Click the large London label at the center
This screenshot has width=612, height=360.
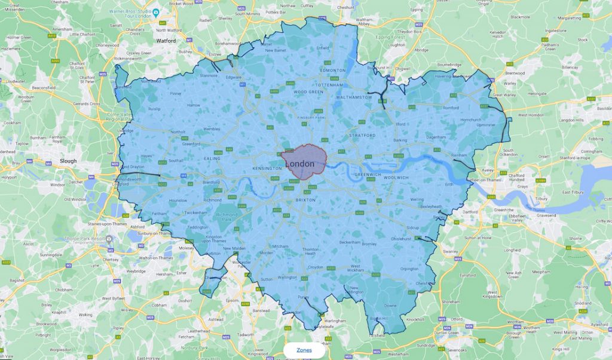(300, 164)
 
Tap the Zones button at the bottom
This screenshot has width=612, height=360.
(304, 350)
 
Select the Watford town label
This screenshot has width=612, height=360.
(166, 41)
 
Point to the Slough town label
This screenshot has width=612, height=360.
(68, 161)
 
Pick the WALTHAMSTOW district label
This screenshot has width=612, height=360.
(354, 96)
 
